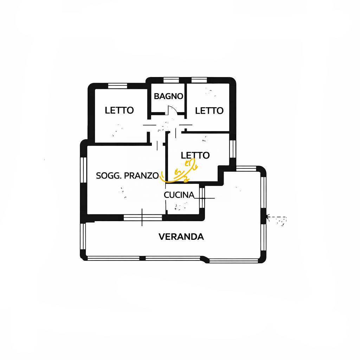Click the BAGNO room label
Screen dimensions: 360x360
168,96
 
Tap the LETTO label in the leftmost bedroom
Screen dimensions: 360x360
119,110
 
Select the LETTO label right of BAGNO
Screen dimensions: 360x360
209,111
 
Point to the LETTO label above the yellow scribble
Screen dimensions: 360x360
195,155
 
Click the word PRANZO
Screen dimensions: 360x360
141,176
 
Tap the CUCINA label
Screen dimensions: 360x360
179,195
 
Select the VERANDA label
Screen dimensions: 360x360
181,237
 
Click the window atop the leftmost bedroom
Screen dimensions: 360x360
117,85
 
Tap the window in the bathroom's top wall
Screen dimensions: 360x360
171,80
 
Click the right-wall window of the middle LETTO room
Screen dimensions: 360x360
232,148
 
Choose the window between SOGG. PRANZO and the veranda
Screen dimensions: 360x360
143,218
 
